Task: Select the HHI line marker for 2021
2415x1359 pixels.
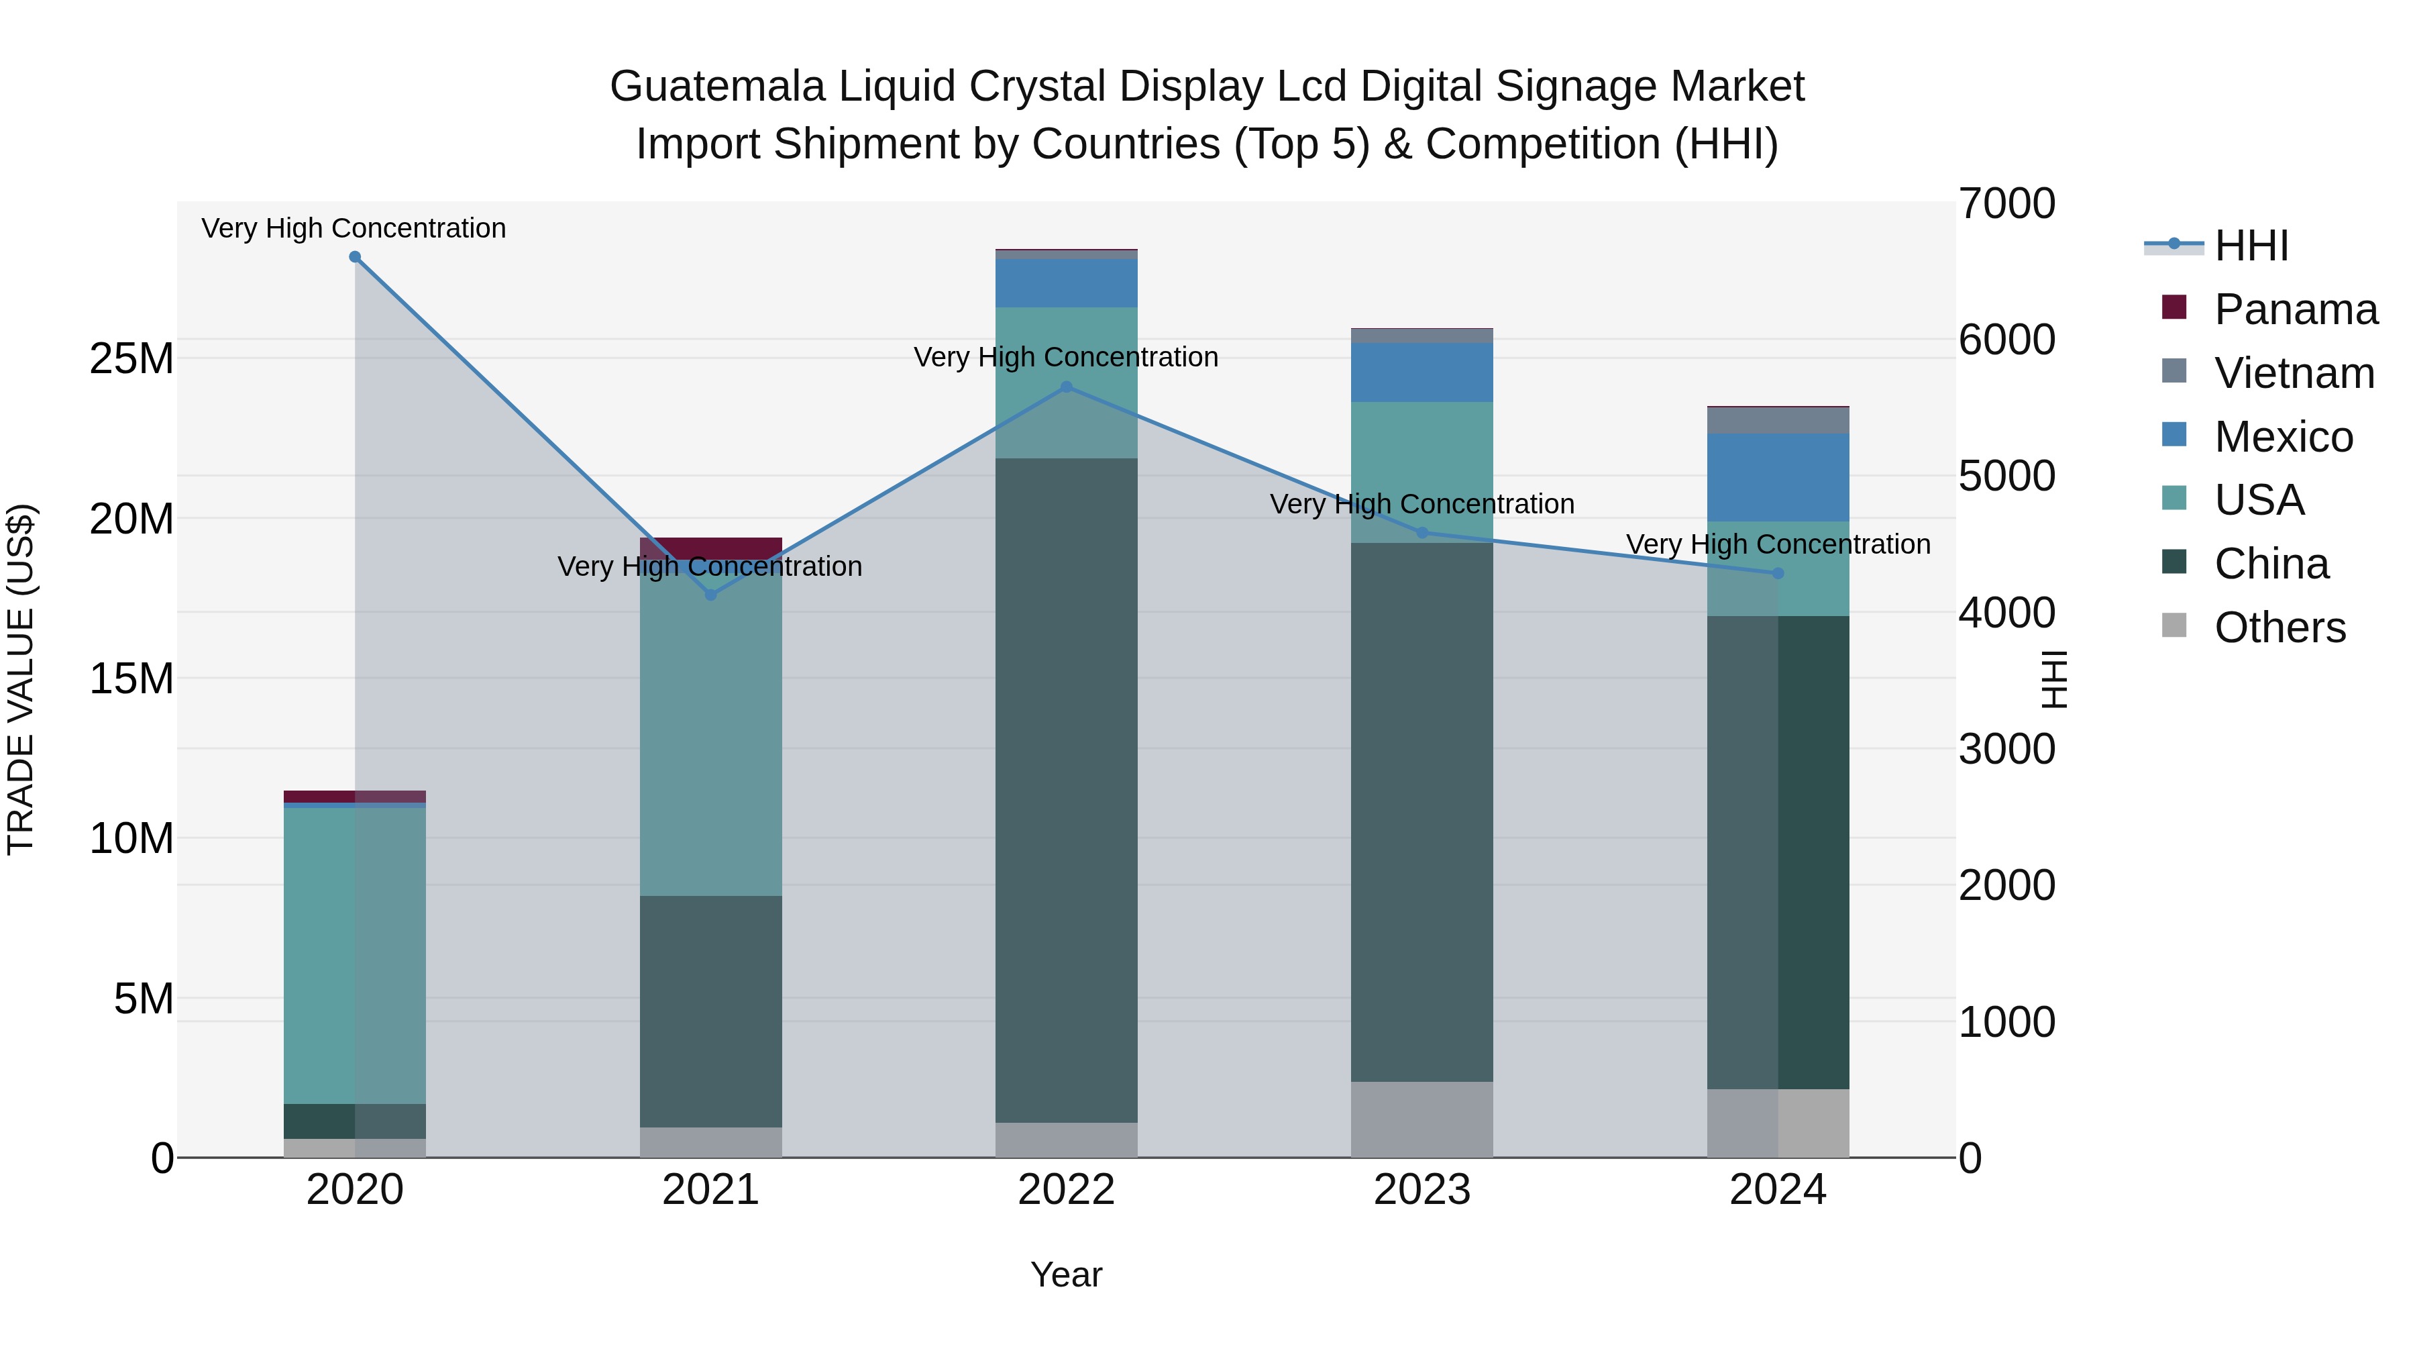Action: coord(710,595)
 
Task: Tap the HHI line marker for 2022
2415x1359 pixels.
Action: coord(1066,387)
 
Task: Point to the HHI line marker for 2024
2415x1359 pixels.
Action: coord(1778,573)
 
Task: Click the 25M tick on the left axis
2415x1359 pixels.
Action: coord(132,359)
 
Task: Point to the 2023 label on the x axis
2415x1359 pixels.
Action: coord(1421,1190)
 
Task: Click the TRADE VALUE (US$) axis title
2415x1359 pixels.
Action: coord(21,679)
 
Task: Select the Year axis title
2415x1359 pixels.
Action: coord(1066,1274)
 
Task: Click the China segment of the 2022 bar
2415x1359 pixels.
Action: coord(1066,788)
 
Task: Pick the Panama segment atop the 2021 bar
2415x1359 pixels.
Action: coord(710,548)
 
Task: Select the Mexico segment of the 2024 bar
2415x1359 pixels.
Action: coord(1778,477)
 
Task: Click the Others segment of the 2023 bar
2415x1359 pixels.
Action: coord(1421,1119)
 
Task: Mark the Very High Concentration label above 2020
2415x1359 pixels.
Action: coord(354,228)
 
